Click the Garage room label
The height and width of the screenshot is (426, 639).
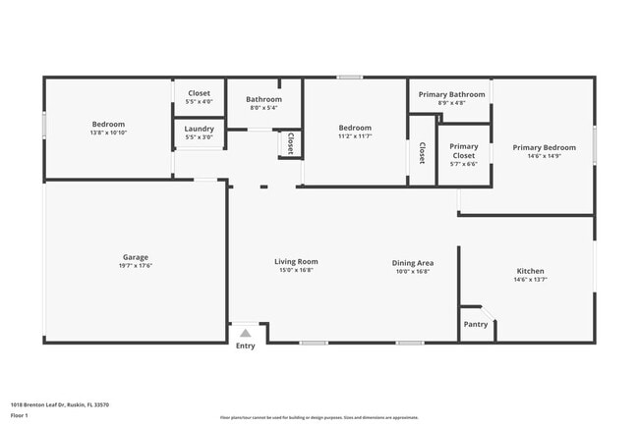(x=137, y=257)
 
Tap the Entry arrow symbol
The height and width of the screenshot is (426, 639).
(x=245, y=333)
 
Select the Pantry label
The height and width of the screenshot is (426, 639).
(x=476, y=324)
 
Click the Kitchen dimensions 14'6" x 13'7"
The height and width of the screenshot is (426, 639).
(x=530, y=280)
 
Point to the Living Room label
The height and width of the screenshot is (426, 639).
(x=295, y=262)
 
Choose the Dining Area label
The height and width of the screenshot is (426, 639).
(x=413, y=263)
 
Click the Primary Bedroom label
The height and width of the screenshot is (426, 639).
(x=544, y=147)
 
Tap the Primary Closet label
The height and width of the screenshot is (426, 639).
(x=464, y=151)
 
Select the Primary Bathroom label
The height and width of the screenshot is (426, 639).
(x=452, y=94)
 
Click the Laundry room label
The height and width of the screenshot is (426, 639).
(x=199, y=129)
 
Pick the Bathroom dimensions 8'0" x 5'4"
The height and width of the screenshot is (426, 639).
(x=263, y=108)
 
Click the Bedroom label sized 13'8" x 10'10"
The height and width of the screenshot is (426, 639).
(x=108, y=124)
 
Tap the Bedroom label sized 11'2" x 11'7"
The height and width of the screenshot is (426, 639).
(x=355, y=128)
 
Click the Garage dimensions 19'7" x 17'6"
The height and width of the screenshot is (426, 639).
(x=137, y=266)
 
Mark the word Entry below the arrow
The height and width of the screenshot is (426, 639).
(x=245, y=346)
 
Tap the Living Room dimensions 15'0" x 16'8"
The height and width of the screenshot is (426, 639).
(x=295, y=271)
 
